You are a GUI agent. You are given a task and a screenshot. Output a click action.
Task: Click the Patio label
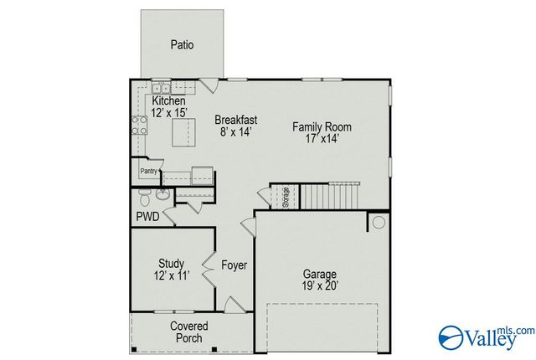pyautogui.click(x=182, y=44)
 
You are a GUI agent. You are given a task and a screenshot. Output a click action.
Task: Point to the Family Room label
pyautogui.click(x=322, y=127)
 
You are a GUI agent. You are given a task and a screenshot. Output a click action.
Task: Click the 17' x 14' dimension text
pyautogui.click(x=322, y=139)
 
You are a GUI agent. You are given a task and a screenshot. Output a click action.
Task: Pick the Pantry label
pyautogui.click(x=149, y=172)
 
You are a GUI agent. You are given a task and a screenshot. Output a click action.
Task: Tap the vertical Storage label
pyautogui.click(x=286, y=198)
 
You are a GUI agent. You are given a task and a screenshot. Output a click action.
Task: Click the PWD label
pyautogui.click(x=147, y=216)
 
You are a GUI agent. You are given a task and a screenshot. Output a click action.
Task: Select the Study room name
pyautogui.click(x=171, y=264)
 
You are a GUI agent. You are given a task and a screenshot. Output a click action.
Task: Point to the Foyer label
pyautogui.click(x=234, y=265)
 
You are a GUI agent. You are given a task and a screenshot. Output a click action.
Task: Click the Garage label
pyautogui.click(x=320, y=274)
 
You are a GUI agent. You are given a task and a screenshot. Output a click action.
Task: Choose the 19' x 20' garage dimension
pyautogui.click(x=320, y=285)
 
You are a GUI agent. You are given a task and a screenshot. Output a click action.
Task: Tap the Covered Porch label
pyautogui.click(x=189, y=331)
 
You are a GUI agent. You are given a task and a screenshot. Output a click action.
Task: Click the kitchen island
pyautogui.click(x=183, y=131)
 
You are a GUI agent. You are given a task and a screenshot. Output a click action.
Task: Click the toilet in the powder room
pyautogui.click(x=144, y=198)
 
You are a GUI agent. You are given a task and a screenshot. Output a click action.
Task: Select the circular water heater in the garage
pyautogui.click(x=379, y=222)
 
